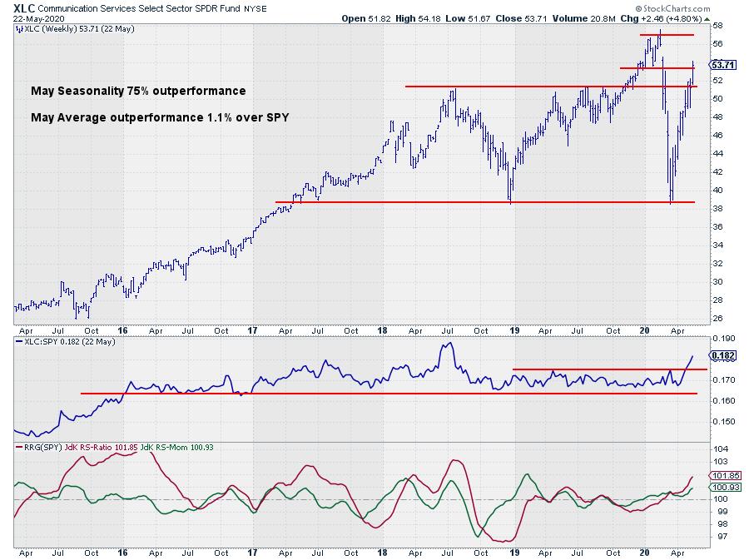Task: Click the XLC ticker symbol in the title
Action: tap(25, 7)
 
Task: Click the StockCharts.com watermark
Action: tap(683, 7)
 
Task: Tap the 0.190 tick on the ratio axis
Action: tap(722, 339)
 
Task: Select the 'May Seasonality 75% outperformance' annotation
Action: tap(138, 91)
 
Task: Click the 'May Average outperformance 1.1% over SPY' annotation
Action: tap(160, 117)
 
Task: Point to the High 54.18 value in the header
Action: tap(415, 18)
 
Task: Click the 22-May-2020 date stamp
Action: tap(33, 19)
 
